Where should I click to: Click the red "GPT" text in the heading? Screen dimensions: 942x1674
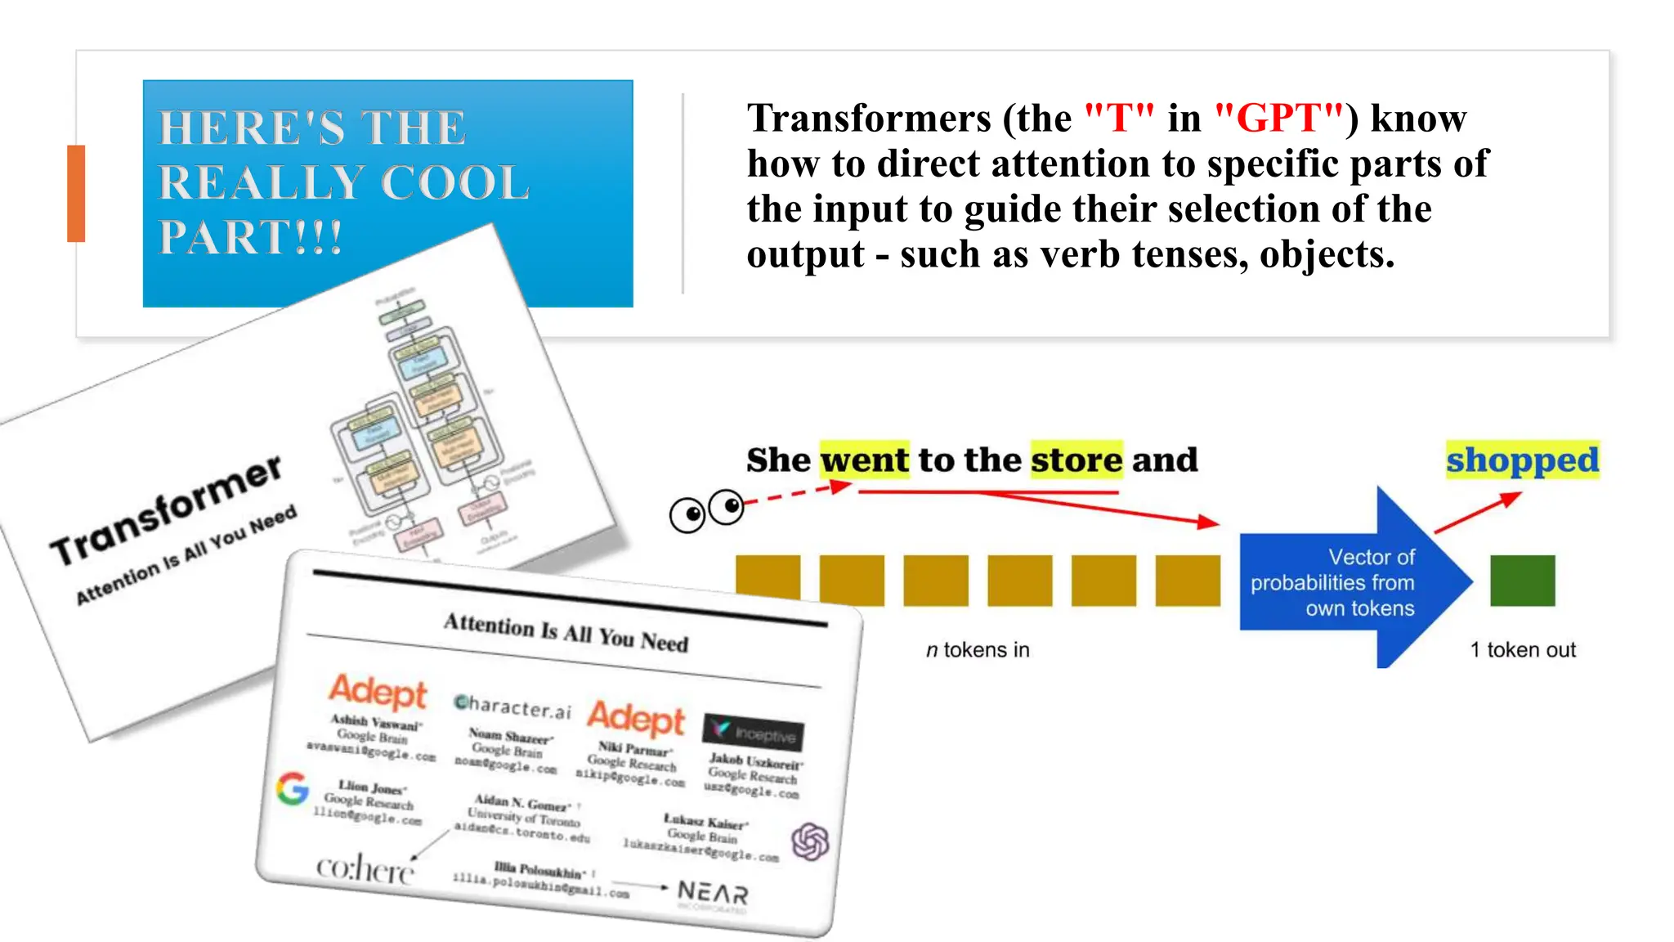(x=1279, y=119)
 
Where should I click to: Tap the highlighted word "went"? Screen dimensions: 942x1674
(x=864, y=460)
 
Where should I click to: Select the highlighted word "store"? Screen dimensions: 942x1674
(x=1076, y=460)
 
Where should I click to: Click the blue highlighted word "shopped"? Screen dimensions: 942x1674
(x=1522, y=460)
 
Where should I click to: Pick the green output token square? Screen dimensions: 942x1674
(x=1522, y=581)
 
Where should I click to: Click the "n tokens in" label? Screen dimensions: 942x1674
(x=978, y=650)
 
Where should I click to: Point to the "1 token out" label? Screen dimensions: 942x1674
(x=1523, y=650)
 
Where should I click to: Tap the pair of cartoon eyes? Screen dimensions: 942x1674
(x=707, y=511)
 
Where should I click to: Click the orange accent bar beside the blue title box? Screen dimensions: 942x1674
(x=76, y=194)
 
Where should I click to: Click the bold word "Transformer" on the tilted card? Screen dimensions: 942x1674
(x=167, y=512)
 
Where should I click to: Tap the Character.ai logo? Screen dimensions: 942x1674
(x=512, y=706)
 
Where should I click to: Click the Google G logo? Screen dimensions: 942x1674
(x=292, y=788)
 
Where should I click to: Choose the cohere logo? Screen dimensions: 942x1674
(x=365, y=868)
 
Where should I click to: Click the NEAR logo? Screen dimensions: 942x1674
(x=713, y=893)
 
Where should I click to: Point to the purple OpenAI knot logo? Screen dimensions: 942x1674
(x=810, y=841)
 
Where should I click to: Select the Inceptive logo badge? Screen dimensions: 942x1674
(x=754, y=732)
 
